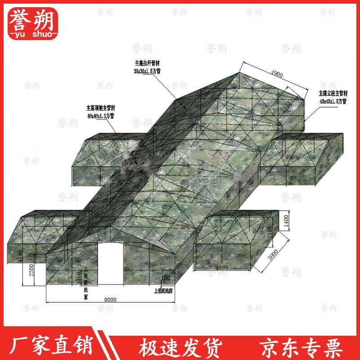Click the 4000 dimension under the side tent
pyautogui.click(x=222, y=268)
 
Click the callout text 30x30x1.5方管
pyautogui.click(x=147, y=72)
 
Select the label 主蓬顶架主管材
pyautogui.click(x=101, y=108)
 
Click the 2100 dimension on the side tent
pyautogui.click(x=282, y=234)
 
